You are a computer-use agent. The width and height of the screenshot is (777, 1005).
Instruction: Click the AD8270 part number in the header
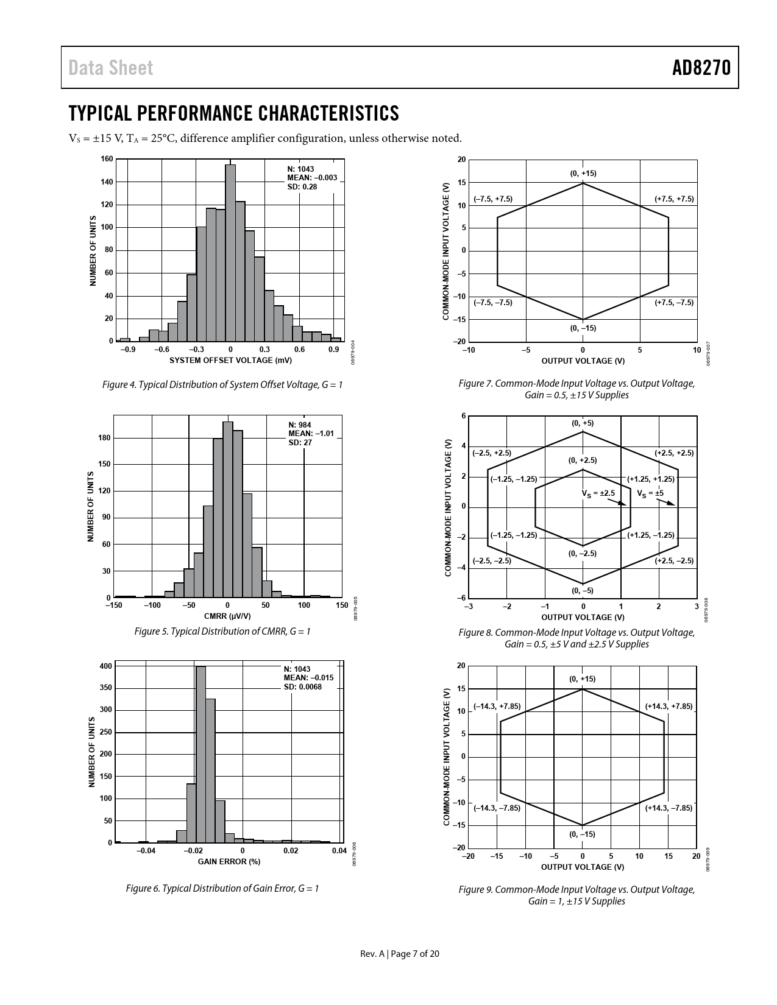point(701,68)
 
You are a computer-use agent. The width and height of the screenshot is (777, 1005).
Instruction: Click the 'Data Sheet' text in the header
point(111,68)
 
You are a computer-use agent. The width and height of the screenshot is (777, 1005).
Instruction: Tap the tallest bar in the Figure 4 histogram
point(230,253)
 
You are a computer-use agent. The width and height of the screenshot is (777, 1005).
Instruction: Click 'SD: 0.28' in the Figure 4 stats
point(302,187)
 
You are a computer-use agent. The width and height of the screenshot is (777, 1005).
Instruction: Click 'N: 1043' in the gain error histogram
point(297,669)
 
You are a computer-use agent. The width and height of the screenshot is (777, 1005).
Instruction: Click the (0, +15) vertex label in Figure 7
point(583,174)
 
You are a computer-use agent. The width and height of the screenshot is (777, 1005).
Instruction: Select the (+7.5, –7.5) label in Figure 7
point(674,303)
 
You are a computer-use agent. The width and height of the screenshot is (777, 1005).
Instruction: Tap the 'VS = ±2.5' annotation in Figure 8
point(598,493)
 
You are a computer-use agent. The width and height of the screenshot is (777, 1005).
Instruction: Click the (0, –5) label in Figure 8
point(583,590)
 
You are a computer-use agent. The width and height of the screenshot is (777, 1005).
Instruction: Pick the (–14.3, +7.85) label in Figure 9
point(497,706)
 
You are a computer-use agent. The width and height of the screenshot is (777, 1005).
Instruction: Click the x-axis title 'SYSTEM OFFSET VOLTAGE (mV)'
point(230,361)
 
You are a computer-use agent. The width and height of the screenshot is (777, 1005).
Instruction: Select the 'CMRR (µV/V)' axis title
point(227,616)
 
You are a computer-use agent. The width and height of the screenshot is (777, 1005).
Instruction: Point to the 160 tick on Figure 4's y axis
point(106,160)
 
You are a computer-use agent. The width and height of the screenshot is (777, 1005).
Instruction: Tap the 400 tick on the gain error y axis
point(105,666)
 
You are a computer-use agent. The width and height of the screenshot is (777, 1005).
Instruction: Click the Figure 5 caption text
point(222,632)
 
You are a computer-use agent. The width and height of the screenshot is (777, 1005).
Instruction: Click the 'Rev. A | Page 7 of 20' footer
point(400,954)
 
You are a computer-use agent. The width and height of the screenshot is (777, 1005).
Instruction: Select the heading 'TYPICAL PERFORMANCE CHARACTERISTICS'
point(234,113)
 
